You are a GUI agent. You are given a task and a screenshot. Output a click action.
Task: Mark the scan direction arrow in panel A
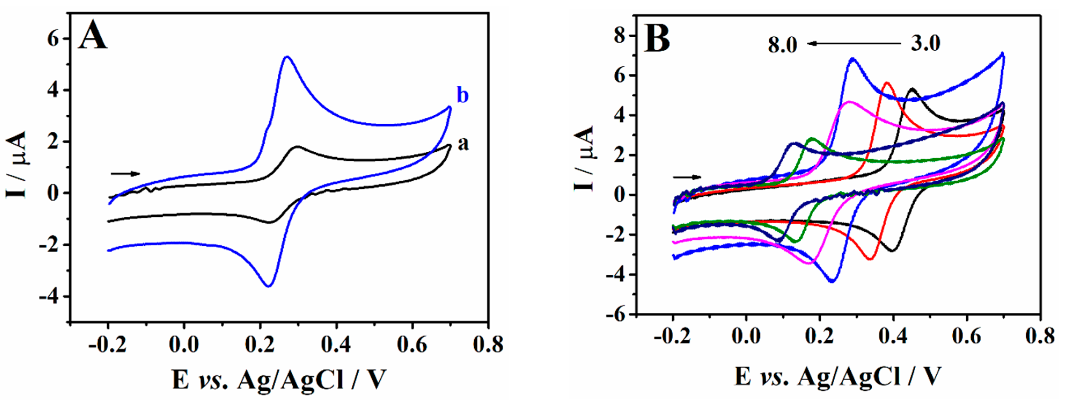[x=125, y=174]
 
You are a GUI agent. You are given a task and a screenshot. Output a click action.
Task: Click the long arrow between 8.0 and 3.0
[x=853, y=43]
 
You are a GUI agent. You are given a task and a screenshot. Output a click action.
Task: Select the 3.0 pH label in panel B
[x=925, y=43]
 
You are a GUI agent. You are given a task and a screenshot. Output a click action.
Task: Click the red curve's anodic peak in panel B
[x=887, y=83]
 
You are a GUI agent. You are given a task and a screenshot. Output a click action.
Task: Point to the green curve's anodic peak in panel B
[x=811, y=139]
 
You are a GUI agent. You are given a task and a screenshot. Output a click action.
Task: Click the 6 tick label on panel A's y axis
[x=53, y=39]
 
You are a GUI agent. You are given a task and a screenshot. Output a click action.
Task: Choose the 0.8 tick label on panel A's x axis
[x=488, y=345]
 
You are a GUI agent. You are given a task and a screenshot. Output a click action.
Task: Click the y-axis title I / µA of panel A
[x=17, y=164]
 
